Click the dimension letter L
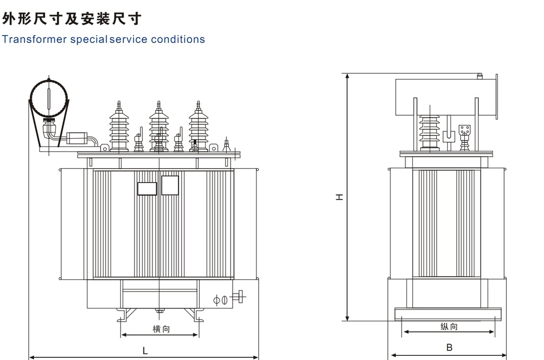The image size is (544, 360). coord(144,350)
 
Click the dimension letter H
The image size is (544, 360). coord(340,197)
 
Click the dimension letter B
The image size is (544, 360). coord(449,348)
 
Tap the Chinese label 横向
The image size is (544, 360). coord(161,329)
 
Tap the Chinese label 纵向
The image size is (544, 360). coord(449,327)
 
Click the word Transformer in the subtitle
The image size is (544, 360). coord(35,39)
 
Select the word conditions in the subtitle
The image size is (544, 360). coord(177,39)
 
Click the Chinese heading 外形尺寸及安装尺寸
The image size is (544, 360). coord(72,20)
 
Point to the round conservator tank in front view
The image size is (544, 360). coord(49,99)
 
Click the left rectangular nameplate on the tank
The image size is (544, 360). coord(147,189)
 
